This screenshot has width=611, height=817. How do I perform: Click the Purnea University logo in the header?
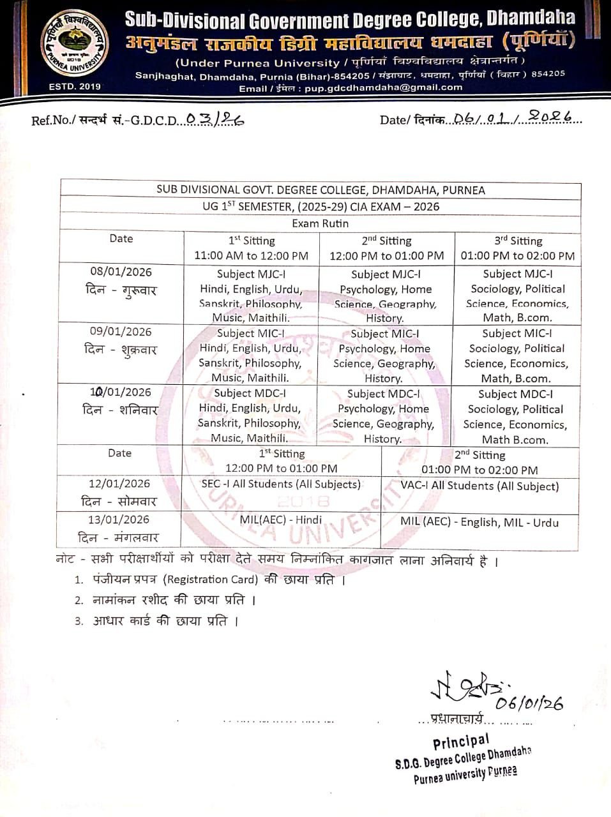click(71, 46)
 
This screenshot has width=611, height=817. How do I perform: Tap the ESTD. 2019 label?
click(70, 87)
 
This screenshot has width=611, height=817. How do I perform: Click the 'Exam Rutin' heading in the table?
click(321, 223)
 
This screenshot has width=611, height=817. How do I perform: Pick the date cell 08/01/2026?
click(121, 272)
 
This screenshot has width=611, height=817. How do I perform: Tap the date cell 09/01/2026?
click(121, 331)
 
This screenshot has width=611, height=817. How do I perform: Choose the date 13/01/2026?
click(119, 520)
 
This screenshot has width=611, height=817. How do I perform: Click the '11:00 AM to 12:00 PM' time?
click(252, 256)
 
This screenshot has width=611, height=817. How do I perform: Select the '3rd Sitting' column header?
click(518, 241)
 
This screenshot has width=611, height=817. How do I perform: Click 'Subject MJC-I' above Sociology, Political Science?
click(518, 274)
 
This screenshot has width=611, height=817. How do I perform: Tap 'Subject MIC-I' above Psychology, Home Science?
click(385, 333)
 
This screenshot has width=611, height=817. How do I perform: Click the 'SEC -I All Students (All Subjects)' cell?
click(281, 484)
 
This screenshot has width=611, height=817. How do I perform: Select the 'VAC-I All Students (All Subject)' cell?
click(479, 486)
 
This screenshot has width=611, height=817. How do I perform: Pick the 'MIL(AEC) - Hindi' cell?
click(281, 520)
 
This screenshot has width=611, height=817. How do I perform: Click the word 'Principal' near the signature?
click(461, 742)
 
